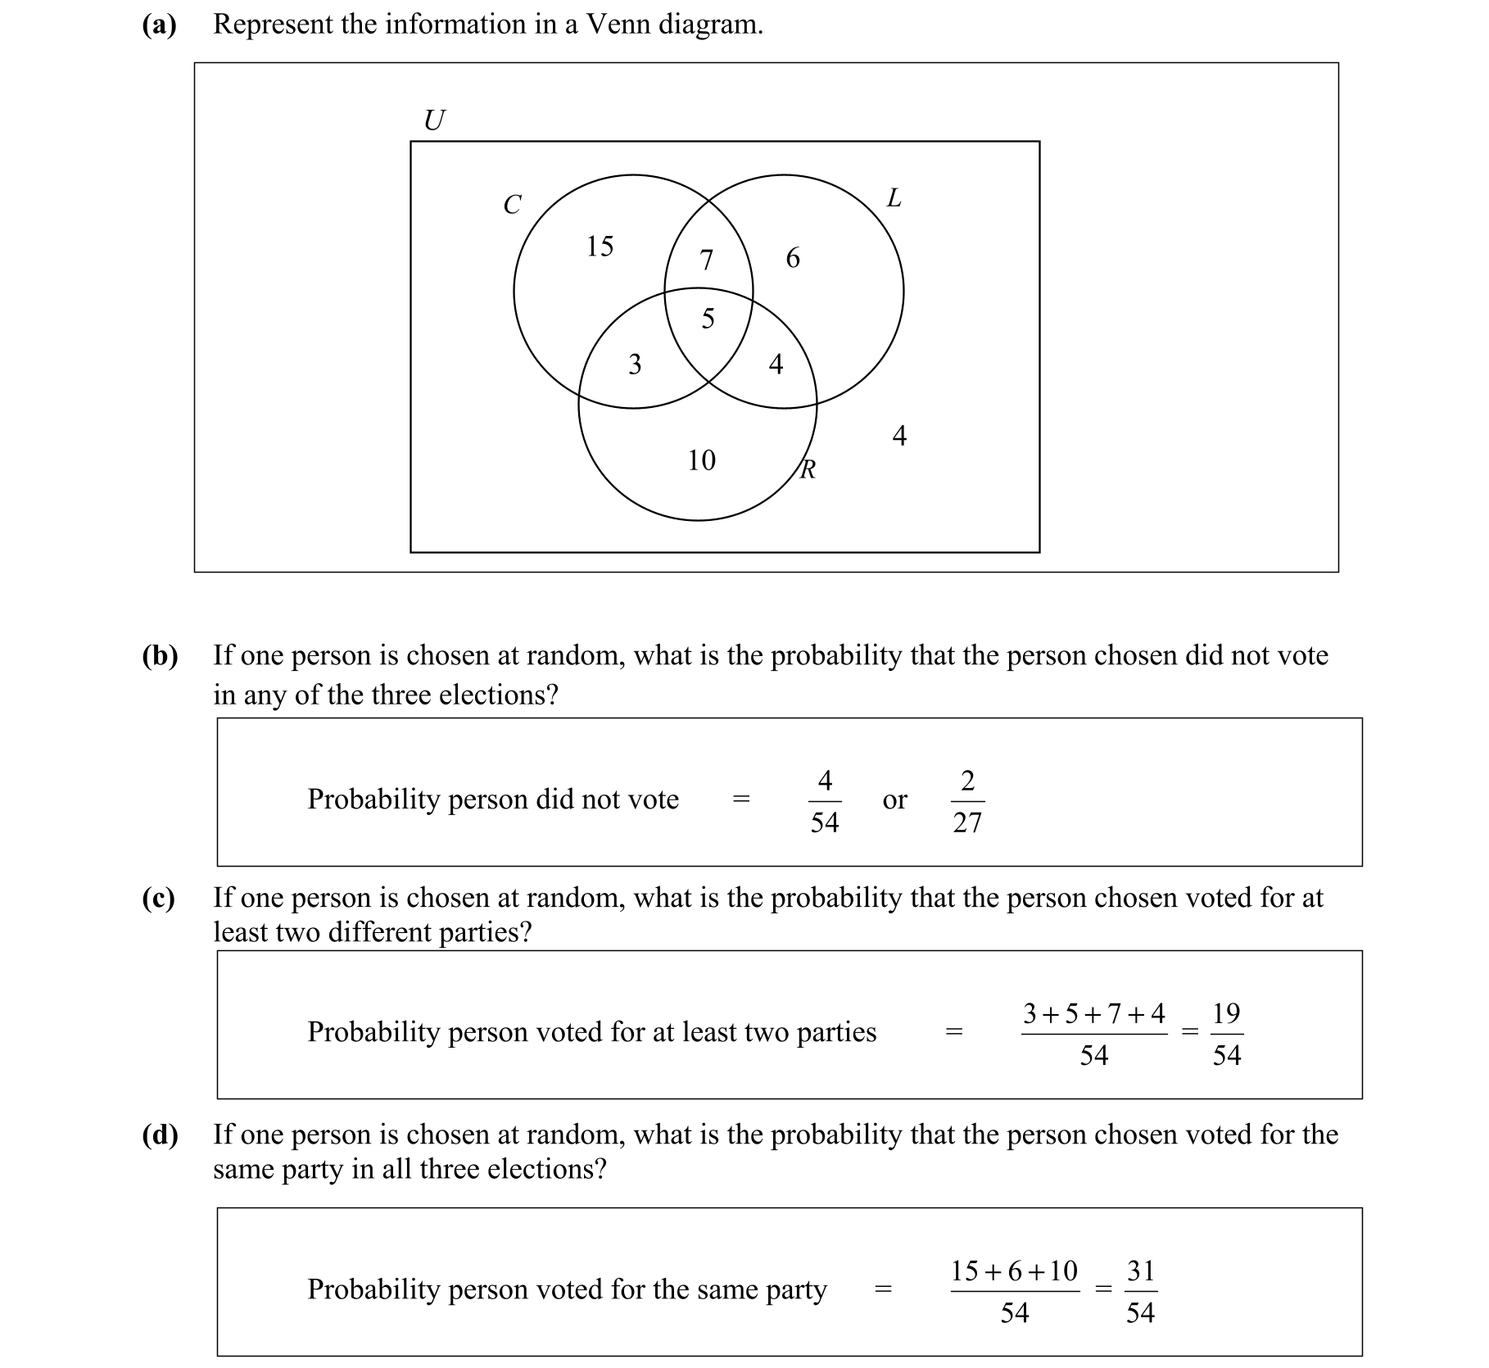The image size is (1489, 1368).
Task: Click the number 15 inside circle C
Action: [x=600, y=247]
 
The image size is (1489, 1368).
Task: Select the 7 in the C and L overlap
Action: [x=706, y=260]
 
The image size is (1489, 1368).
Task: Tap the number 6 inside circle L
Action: [x=792, y=259]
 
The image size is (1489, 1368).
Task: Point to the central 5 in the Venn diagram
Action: [x=708, y=319]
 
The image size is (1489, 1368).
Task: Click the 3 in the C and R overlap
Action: [x=635, y=365]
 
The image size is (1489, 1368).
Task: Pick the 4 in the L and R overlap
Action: [x=776, y=365]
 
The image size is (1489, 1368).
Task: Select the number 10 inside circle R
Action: [x=701, y=461]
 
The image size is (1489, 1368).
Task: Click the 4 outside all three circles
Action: [x=899, y=437]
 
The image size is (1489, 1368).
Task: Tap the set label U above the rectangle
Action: [x=434, y=121]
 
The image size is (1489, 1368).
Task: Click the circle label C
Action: [x=512, y=205]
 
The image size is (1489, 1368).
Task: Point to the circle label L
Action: [x=894, y=198]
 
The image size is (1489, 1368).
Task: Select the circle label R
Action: [x=808, y=470]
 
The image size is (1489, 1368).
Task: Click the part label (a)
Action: [x=159, y=25]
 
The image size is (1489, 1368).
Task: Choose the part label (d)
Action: [x=160, y=1135]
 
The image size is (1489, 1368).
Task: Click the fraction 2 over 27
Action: [x=967, y=801]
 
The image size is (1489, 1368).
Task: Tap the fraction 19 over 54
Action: [x=1226, y=1035]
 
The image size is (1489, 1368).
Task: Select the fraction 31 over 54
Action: [x=1140, y=1292]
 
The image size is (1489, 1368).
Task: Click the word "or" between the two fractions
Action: [x=894, y=800]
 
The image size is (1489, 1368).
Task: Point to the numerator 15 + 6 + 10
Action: [x=1014, y=1271]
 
